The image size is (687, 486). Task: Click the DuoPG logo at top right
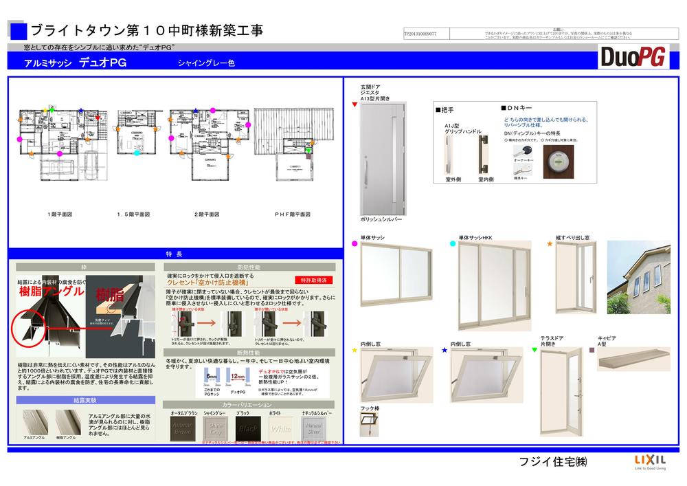(633, 57)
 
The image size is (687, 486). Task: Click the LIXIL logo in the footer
(644, 461)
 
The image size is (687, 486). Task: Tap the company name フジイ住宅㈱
(552, 461)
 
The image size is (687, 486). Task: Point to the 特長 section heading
(174, 254)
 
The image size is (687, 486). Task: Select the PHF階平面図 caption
(293, 214)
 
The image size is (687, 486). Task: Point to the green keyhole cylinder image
(559, 162)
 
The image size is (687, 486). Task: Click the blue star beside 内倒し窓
(444, 350)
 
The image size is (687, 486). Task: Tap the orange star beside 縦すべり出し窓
(550, 243)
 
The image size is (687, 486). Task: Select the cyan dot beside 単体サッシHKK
(452, 243)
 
